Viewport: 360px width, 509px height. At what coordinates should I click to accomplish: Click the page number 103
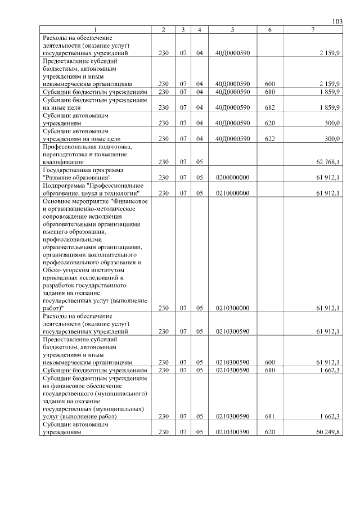click(337, 21)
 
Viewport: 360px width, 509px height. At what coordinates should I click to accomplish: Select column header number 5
click(232, 29)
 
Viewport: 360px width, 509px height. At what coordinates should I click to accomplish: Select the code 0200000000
click(232, 177)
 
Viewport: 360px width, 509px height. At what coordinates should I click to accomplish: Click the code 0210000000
click(232, 193)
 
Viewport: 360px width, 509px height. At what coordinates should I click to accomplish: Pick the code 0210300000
click(232, 308)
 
